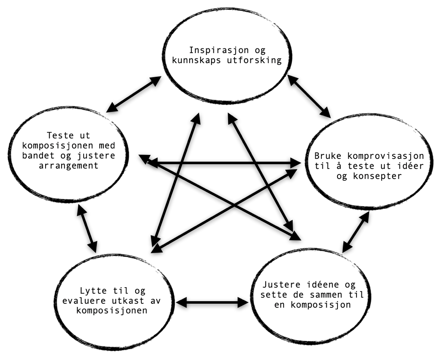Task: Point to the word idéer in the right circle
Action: (x=411, y=166)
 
